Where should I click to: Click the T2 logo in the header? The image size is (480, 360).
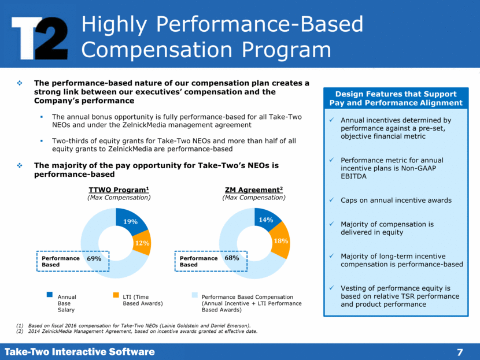[x=39, y=36]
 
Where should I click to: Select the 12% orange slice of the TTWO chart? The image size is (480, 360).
[x=141, y=243]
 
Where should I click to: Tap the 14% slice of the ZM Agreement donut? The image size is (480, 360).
[x=267, y=219]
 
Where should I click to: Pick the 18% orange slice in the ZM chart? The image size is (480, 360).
[x=280, y=241]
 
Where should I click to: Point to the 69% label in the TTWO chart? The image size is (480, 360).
[x=94, y=259]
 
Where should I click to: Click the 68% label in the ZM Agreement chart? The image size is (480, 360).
[x=232, y=258]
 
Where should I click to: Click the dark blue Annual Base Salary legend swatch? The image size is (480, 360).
[x=50, y=295]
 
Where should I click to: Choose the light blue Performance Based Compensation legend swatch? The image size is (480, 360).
[x=194, y=295]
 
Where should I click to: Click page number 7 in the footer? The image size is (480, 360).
[x=460, y=352]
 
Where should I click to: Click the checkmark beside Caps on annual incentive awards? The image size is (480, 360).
[x=330, y=201]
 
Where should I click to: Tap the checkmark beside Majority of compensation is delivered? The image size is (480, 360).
[x=330, y=224]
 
